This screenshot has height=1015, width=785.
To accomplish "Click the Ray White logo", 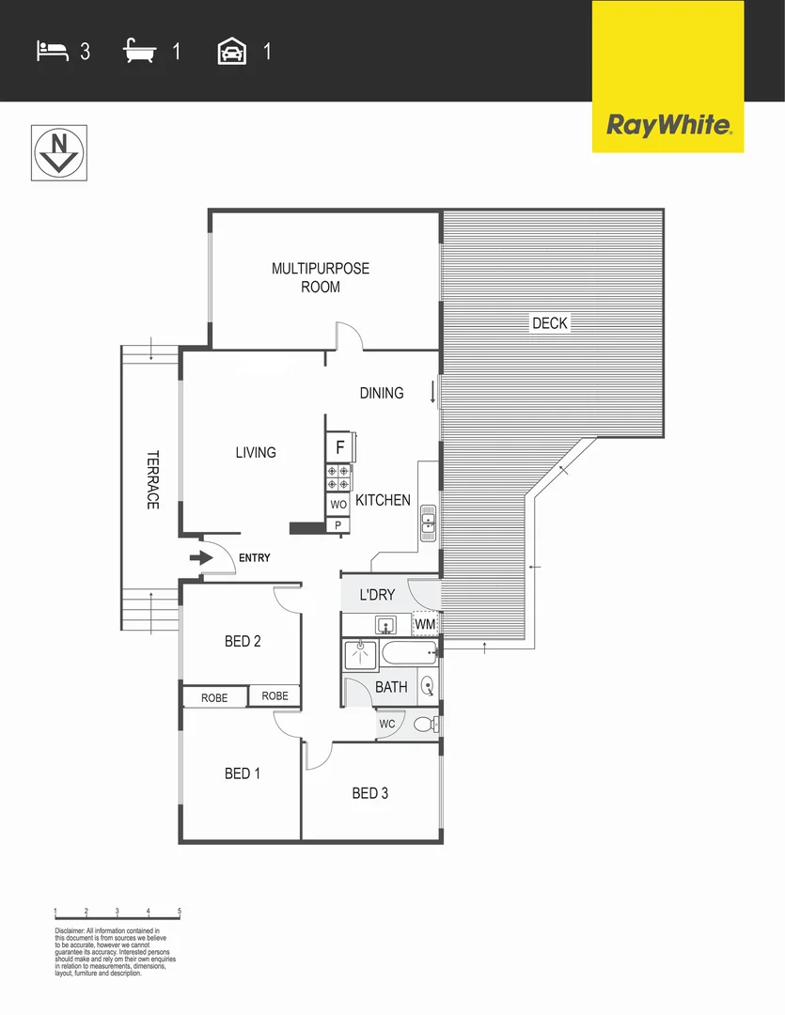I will click(667, 125).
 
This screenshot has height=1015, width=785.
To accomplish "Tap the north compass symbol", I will click(59, 151).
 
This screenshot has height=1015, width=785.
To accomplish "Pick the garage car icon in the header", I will click(231, 51).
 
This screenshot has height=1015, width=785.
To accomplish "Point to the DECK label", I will click(550, 323).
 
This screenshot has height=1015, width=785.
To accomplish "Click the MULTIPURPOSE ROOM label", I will click(321, 277).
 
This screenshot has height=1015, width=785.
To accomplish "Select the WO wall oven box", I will click(338, 505).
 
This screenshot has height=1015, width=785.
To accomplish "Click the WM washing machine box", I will click(425, 624).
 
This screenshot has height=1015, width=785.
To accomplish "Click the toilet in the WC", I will click(425, 725).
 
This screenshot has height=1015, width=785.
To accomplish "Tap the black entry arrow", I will click(201, 558).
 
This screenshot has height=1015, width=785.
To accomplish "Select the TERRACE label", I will click(152, 480).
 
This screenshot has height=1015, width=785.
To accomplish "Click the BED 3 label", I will click(370, 793).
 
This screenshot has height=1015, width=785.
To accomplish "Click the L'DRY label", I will click(377, 595).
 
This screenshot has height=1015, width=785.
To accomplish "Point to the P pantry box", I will click(338, 525).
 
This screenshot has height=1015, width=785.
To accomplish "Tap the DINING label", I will click(382, 393).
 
